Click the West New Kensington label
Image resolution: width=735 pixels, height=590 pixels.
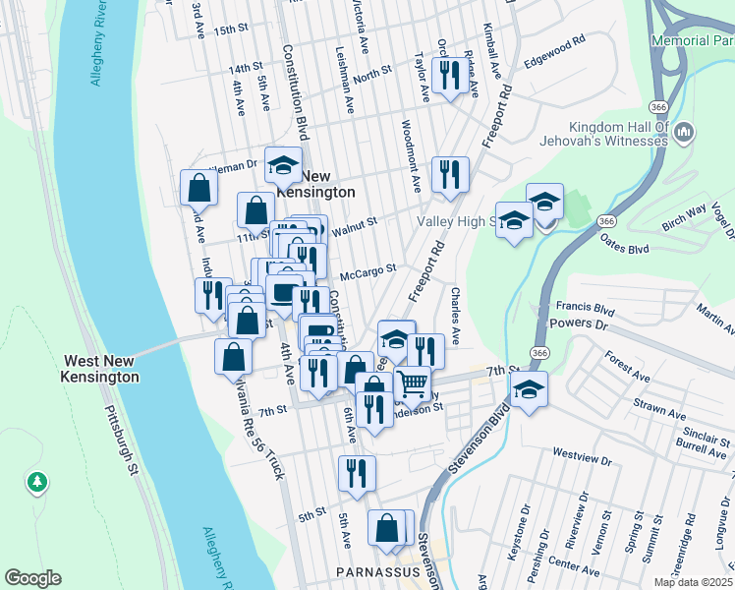[x=100, y=369]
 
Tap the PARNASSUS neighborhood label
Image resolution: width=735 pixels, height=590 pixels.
[x=377, y=571]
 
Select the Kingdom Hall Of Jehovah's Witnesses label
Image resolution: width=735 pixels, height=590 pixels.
[x=604, y=134]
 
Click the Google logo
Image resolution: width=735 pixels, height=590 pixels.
[x=32, y=578]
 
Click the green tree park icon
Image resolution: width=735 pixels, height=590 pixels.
[x=37, y=482]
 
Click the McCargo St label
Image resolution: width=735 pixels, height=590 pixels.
[x=367, y=268]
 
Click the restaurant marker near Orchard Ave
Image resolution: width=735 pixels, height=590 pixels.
[x=450, y=76]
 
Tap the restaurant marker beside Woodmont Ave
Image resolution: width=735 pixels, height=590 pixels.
[x=450, y=174]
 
